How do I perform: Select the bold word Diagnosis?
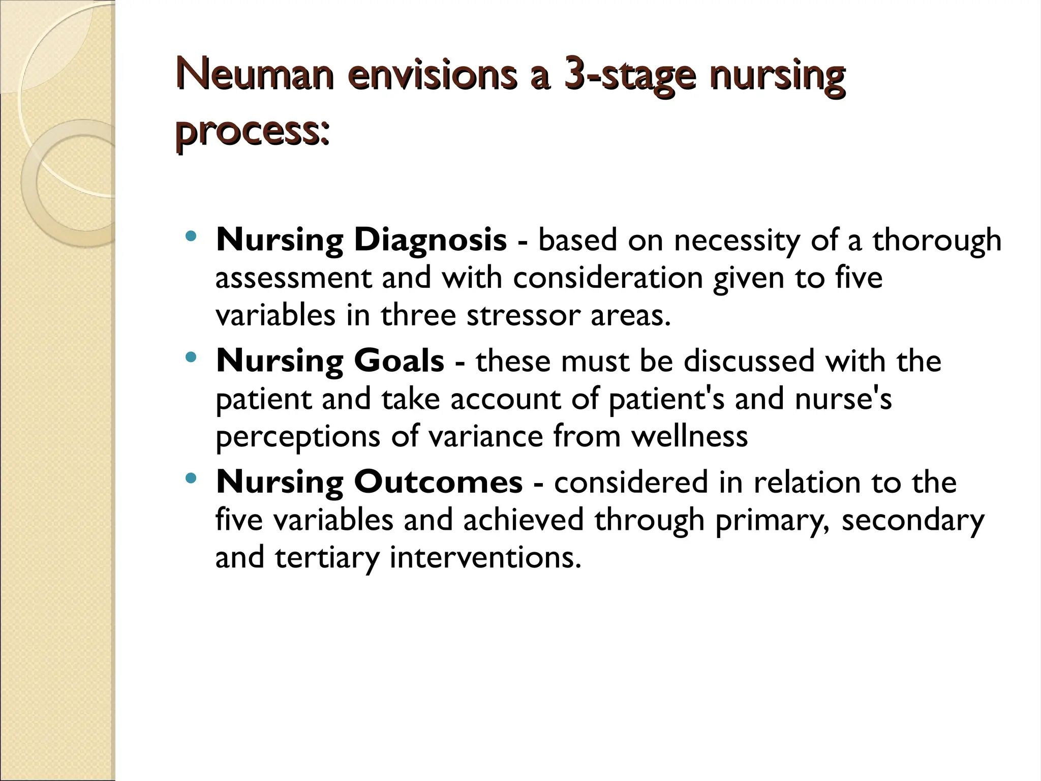(x=431, y=241)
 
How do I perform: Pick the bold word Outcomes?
(x=438, y=482)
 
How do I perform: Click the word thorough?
(x=937, y=241)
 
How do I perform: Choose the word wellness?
(x=689, y=436)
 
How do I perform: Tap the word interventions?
(x=485, y=557)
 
